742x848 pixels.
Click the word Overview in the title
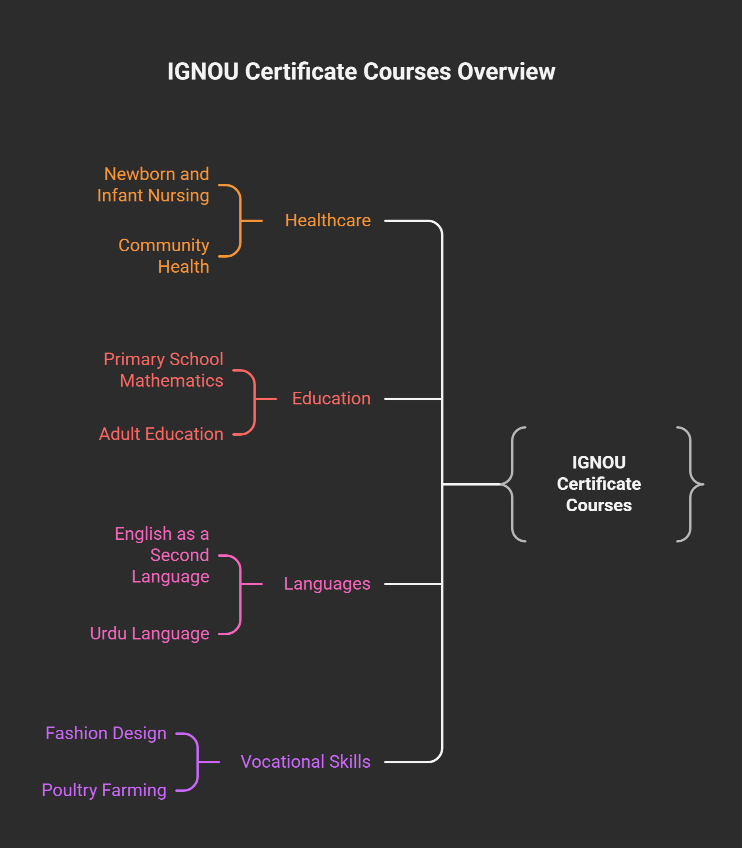506,72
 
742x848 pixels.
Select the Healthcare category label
328,220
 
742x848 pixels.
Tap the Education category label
331,398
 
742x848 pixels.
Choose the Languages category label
327,584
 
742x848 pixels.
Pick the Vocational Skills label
306,761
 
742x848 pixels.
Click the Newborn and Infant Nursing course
153,185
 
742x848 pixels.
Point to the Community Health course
164,256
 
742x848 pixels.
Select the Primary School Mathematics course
163,370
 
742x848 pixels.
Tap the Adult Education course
161,434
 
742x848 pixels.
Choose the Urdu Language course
150,634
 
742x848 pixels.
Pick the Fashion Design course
106,733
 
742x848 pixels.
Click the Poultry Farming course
104,790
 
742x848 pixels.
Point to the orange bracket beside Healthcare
240,221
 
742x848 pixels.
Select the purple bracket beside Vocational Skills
197,762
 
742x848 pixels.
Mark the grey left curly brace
513,484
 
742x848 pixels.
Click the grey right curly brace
690,484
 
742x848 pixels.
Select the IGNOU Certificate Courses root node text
599,484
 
